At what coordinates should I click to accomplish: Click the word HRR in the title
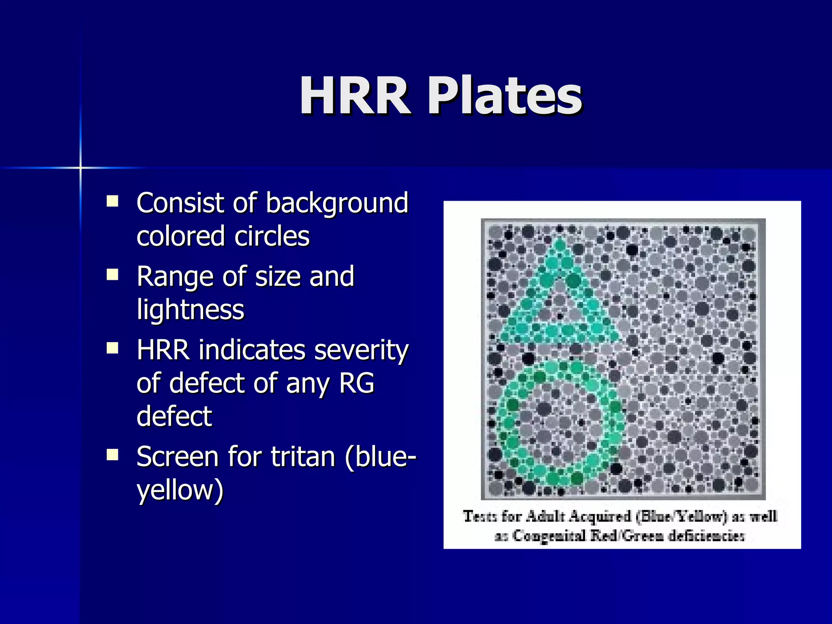coord(355,96)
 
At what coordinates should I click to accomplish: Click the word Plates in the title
coord(505,96)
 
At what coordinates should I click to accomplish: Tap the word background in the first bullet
coord(337,203)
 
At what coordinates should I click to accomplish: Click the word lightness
coord(190,310)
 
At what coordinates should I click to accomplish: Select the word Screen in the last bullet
coord(178,457)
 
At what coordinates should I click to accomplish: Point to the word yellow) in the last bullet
coord(180,490)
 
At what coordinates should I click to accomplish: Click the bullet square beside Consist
coord(112,201)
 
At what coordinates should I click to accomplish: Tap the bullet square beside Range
coord(112,275)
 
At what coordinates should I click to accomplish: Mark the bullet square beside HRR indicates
coord(112,349)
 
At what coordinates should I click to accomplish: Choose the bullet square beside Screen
coord(112,455)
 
